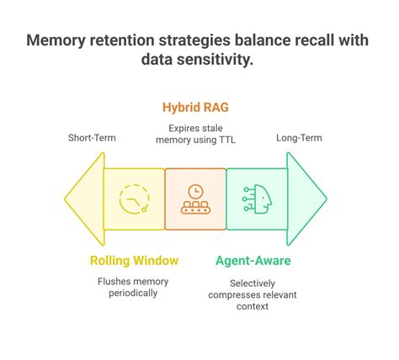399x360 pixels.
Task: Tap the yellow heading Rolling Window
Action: (x=134, y=261)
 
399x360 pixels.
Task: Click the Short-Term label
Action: (x=93, y=137)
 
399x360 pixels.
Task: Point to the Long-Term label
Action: (x=299, y=137)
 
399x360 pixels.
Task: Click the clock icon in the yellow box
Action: (x=133, y=199)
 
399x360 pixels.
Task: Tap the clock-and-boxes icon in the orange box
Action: (x=195, y=199)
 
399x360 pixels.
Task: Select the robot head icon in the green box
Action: (x=257, y=199)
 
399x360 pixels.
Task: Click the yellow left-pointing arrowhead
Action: (x=82, y=199)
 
